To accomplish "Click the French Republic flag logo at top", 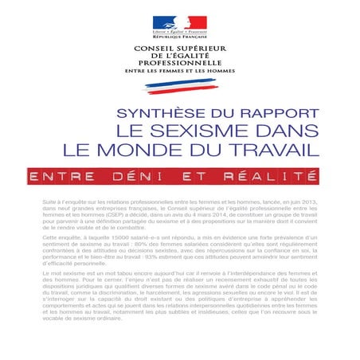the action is pyautogui.click(x=179, y=23).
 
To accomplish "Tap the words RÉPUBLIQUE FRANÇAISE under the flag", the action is pyautogui.click(x=179, y=37).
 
